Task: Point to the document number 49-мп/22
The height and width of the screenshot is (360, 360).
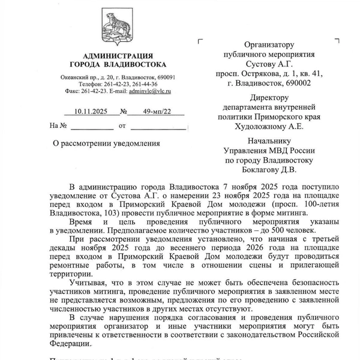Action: pyautogui.click(x=152, y=112)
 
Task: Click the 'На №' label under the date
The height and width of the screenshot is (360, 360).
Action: pyautogui.click(x=59, y=127)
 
